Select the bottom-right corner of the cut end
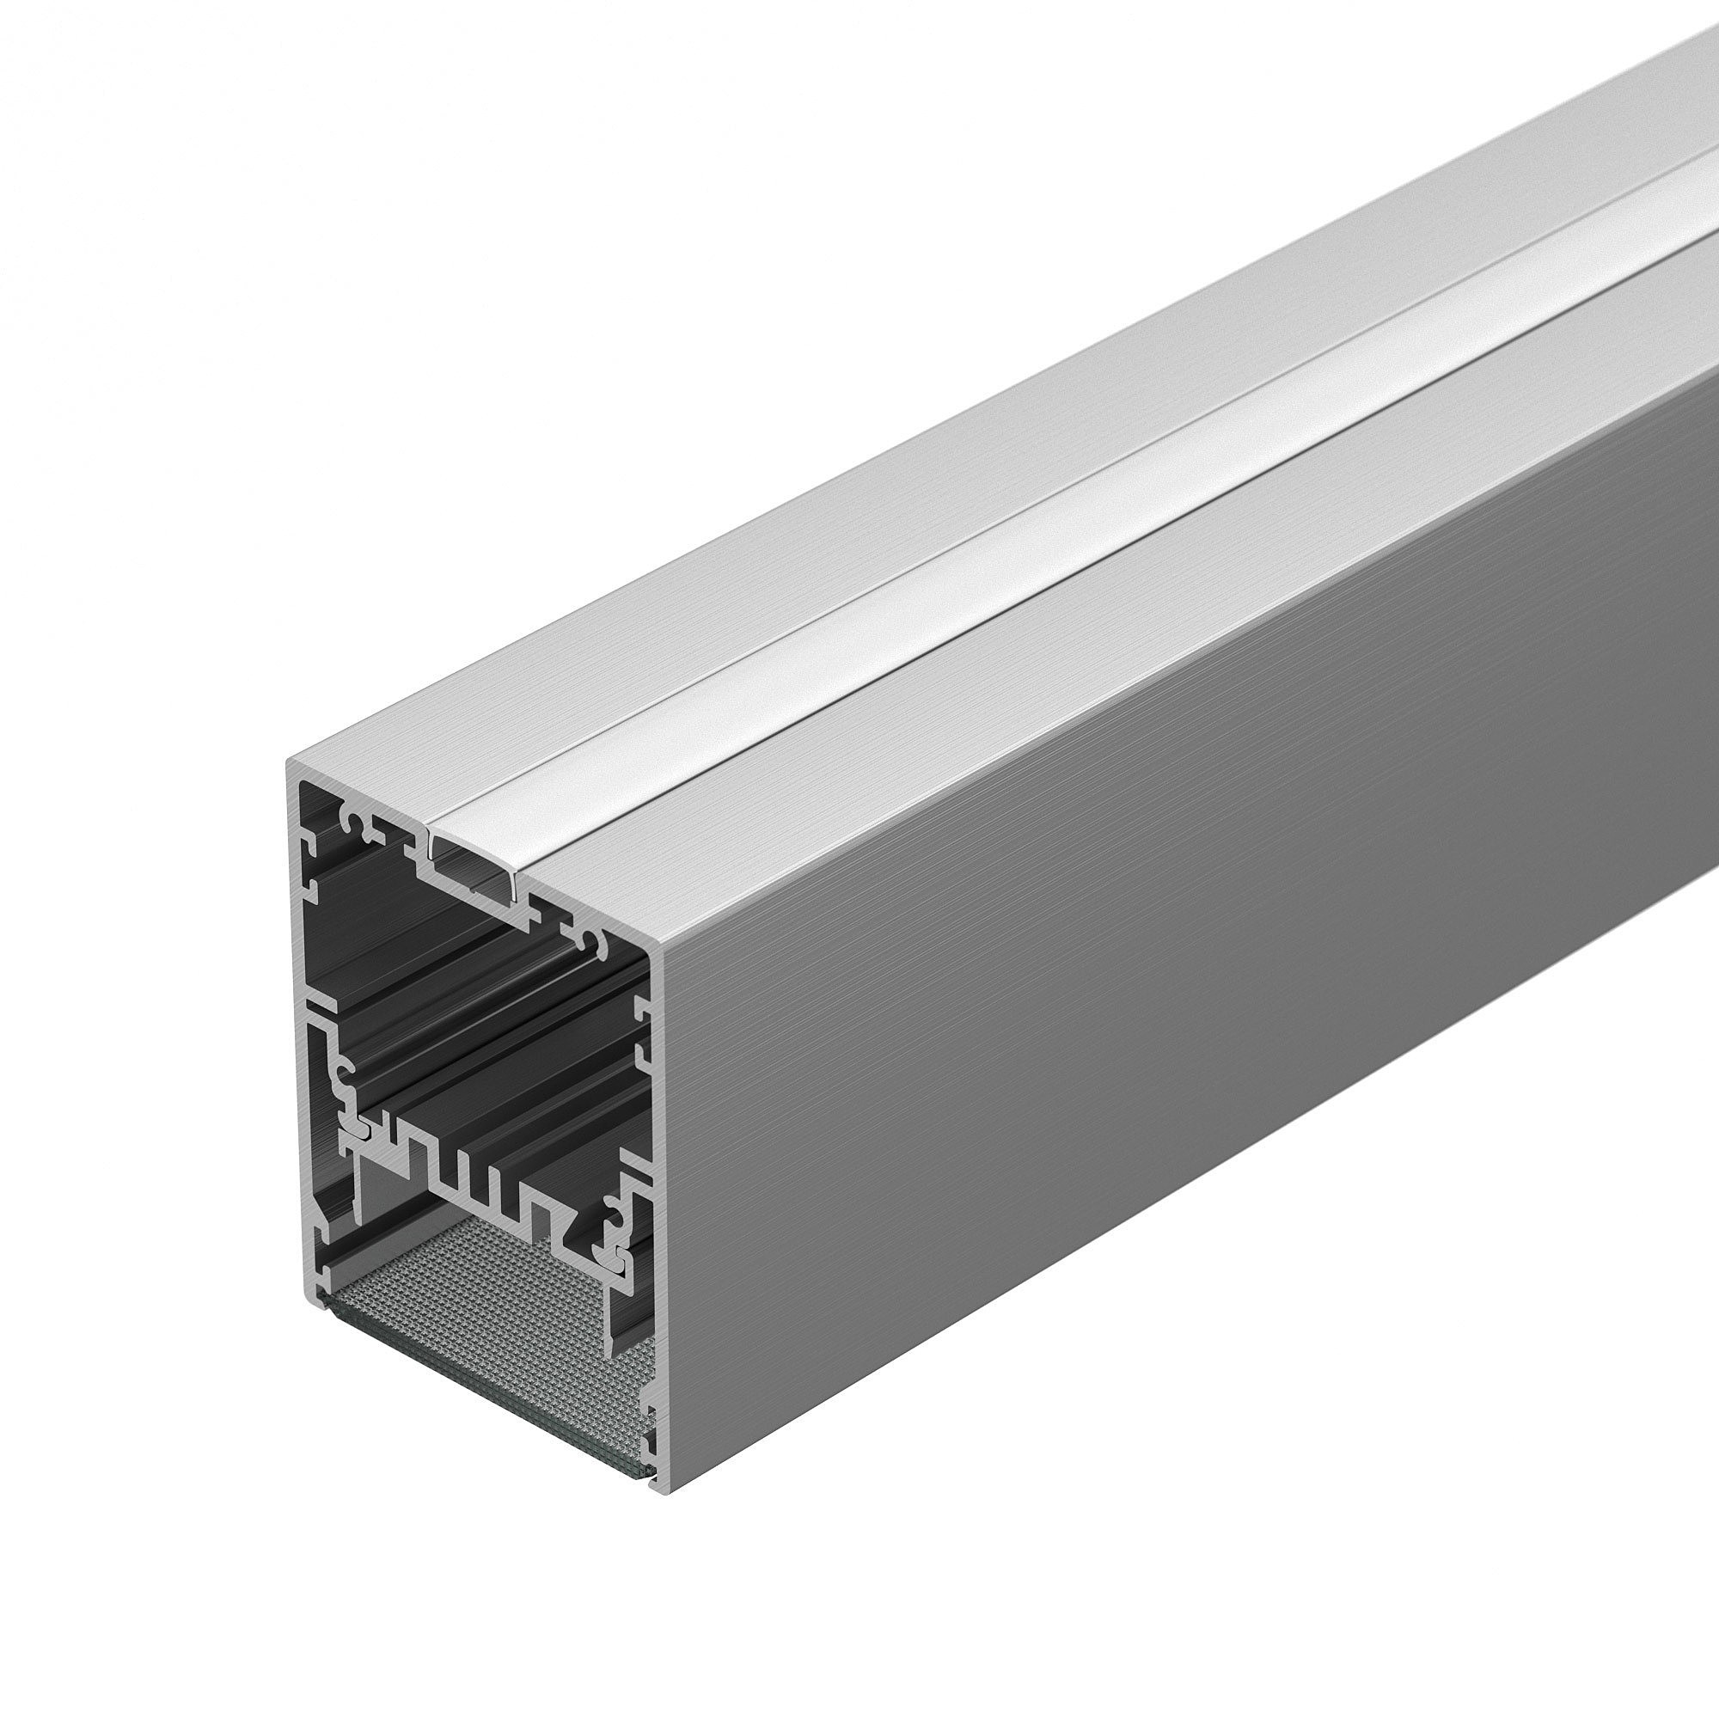point(662,1488)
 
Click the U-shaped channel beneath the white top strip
point(472,867)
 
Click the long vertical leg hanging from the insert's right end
point(614,1308)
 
